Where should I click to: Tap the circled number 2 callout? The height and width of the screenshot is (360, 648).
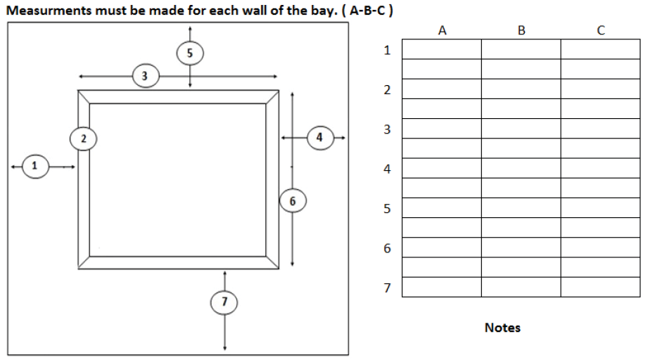click(x=83, y=139)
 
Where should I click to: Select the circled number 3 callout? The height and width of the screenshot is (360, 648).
click(x=145, y=76)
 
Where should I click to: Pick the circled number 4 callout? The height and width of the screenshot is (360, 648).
click(x=320, y=138)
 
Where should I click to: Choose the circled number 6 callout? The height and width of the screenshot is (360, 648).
click(x=292, y=201)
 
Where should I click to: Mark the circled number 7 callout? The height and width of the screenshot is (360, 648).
click(x=224, y=302)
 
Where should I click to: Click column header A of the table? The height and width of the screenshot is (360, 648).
click(x=442, y=30)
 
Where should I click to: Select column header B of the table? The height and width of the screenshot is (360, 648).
click(x=521, y=30)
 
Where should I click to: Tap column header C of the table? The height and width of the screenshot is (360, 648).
click(x=600, y=30)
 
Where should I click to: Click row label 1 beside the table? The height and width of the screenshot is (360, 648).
click(x=386, y=50)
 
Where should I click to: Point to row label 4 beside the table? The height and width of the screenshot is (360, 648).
click(x=386, y=169)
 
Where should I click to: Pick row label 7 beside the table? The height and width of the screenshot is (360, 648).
click(x=386, y=288)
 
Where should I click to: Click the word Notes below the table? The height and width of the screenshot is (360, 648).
click(x=502, y=328)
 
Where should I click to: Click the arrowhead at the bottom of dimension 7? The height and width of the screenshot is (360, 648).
click(x=224, y=348)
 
